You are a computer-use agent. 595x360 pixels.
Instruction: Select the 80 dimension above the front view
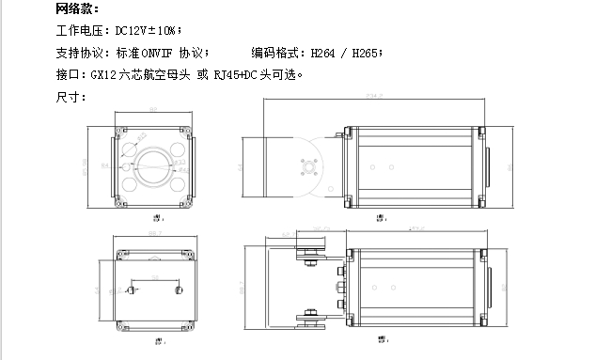tap(151, 110)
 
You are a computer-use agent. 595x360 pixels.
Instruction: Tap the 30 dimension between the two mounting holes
tap(151, 276)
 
